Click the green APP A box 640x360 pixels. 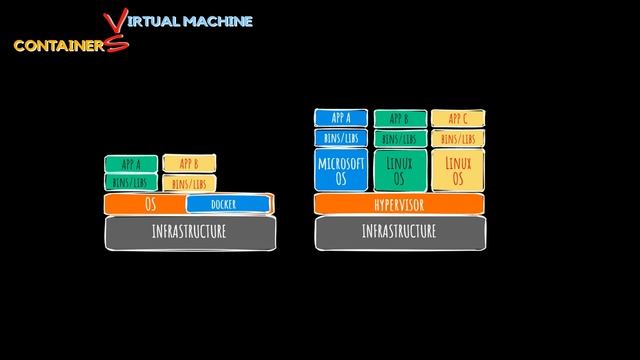pos(131,164)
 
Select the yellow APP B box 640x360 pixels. pos(189,164)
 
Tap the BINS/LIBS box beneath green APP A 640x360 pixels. pos(131,182)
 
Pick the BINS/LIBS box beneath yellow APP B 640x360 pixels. pos(189,184)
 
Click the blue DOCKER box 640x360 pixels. pos(227,205)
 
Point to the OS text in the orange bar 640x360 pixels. pos(151,204)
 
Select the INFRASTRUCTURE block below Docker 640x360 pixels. pos(190,232)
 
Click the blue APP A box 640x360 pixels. pos(341,118)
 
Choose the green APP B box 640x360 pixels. pos(400,119)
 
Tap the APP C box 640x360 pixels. pos(458,119)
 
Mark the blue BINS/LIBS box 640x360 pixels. pos(341,138)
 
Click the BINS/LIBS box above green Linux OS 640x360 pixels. pos(400,139)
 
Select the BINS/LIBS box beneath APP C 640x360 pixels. pos(458,139)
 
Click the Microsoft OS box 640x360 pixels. pos(341,171)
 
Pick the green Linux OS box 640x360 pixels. pos(400,171)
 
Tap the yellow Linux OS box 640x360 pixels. pos(458,171)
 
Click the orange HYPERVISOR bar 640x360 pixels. pos(399,204)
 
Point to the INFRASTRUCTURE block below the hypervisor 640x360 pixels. pos(399,232)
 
